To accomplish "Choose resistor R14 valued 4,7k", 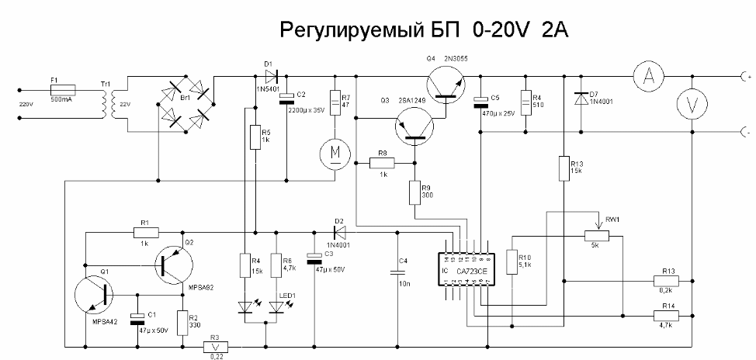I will tap(665, 315).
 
